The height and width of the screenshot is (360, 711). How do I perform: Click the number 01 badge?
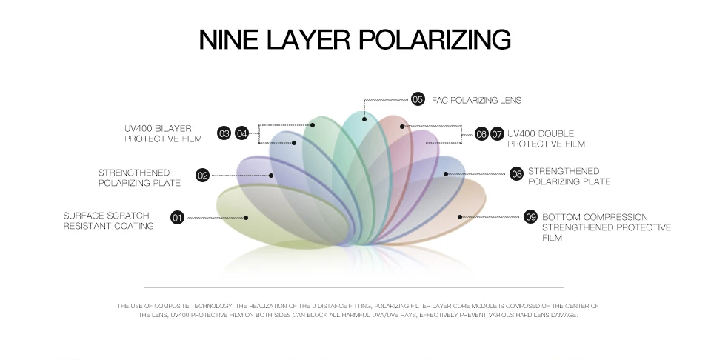coord(177,217)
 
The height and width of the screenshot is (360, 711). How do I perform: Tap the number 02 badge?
coord(202,176)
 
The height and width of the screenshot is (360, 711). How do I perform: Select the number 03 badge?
coord(224,133)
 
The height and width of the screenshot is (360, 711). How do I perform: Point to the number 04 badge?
coord(242,133)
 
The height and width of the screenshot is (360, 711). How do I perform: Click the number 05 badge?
coord(418,99)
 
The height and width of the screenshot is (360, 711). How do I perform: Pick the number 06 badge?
coord(481,134)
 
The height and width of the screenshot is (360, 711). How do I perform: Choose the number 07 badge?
coord(497,134)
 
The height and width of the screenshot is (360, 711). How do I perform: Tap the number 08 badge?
coord(517,175)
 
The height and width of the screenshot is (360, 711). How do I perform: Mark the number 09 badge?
coord(530,217)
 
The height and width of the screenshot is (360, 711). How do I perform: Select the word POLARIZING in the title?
coord(438,39)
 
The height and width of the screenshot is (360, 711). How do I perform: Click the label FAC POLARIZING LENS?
coord(477,100)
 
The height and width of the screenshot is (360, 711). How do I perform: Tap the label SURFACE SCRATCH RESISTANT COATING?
coord(108,221)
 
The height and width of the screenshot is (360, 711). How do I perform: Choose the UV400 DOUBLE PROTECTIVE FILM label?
coord(546,139)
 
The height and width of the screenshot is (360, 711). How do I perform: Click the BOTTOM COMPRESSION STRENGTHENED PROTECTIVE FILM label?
coord(606,227)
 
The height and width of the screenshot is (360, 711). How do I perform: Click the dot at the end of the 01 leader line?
coord(247,217)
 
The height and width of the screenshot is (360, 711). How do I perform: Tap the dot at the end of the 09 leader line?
coord(460,217)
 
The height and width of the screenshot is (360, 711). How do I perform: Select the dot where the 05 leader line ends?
coord(365,118)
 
